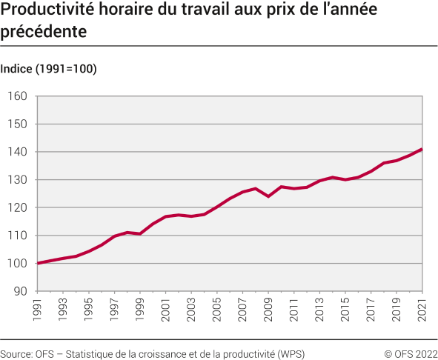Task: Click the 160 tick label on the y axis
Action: pos(18,96)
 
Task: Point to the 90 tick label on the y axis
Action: pos(20,291)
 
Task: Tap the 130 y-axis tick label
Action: pos(18,180)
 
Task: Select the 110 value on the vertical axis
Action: pos(18,236)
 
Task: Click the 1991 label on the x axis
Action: pos(37,310)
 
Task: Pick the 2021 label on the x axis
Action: pos(422,310)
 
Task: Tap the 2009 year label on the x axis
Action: pos(268,310)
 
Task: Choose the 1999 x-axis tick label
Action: pos(140,310)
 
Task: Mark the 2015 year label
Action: pos(345,310)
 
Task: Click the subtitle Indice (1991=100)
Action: pos(49,69)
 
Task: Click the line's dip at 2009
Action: pos(268,196)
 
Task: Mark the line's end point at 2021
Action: pos(422,150)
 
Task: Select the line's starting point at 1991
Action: pos(37,263)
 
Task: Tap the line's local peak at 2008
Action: pos(256,188)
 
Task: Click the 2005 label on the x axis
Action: pos(217,310)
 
